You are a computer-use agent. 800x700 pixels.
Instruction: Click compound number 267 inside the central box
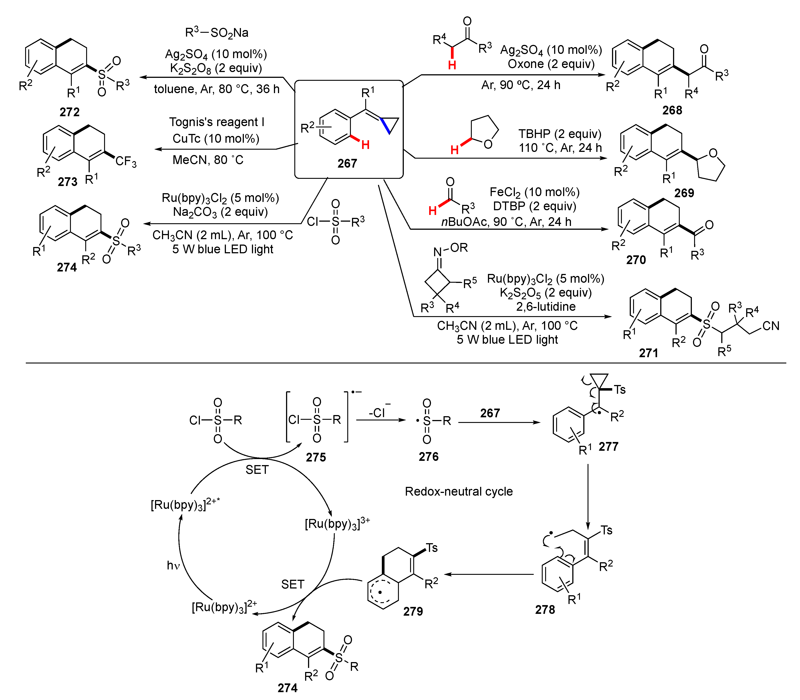click(x=347, y=163)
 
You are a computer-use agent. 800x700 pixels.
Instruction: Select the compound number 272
click(x=70, y=112)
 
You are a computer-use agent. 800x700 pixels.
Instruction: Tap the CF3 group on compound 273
click(x=126, y=161)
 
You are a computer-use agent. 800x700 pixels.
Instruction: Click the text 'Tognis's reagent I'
click(x=216, y=122)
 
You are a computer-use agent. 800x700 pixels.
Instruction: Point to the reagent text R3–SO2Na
click(x=216, y=33)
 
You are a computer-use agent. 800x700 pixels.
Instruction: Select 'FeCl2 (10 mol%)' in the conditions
click(x=534, y=192)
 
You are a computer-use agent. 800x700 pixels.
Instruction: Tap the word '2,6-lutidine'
click(x=546, y=306)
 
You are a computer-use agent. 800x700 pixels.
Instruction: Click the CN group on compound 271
click(x=770, y=326)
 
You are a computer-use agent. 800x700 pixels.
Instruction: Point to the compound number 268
click(x=672, y=110)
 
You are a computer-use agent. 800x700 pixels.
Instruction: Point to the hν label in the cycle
click(x=173, y=565)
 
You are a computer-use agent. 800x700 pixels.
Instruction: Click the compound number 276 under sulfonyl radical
click(x=428, y=456)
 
